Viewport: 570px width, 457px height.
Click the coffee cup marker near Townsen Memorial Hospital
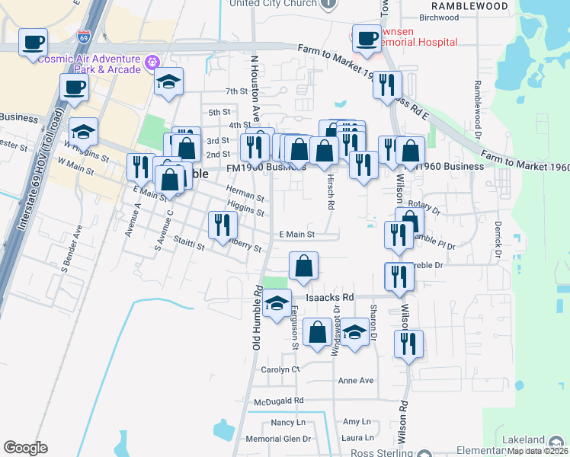(367, 37)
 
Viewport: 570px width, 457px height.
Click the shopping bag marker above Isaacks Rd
(303, 267)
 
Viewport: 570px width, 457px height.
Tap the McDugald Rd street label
(279, 400)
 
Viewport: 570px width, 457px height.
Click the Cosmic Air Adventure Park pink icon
(152, 60)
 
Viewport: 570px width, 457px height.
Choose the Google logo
(25, 448)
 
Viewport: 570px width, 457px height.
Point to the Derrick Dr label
(497, 238)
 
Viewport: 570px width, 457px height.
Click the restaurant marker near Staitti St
(223, 225)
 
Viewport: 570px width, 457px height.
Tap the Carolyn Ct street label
(280, 369)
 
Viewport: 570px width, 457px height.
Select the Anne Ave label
(356, 380)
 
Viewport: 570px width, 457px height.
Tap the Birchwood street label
(439, 17)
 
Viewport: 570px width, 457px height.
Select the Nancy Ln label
(288, 421)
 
